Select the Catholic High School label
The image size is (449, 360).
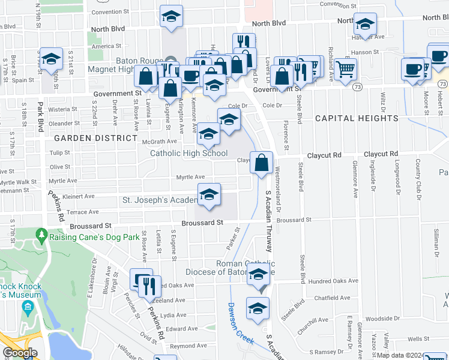click(188, 154)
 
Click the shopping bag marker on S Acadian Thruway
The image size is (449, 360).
click(262, 163)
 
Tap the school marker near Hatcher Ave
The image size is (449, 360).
click(364, 25)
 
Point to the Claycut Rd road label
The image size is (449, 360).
click(324, 155)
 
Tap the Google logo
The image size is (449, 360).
click(20, 353)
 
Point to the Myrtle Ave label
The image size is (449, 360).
click(190, 177)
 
